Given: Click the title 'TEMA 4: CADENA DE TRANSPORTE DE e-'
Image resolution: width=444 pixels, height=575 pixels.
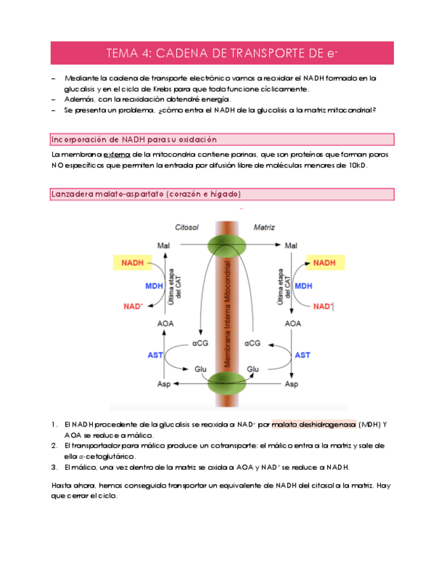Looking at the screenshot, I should coord(222,54).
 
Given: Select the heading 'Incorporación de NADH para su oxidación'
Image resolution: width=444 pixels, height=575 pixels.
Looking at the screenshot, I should coord(134,140).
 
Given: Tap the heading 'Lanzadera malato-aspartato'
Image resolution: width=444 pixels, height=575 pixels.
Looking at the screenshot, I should coord(146,195).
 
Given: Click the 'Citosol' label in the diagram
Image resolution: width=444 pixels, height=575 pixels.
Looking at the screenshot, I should coord(186,228).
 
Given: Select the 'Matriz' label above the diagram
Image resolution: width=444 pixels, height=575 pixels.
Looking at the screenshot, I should coord(264,228).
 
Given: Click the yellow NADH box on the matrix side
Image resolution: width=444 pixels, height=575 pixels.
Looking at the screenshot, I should coord(324,262).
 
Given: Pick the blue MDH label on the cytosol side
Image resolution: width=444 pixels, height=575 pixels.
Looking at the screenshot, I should coord(155,286).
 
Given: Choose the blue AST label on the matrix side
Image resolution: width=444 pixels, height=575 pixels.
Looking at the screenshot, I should coord(302,355).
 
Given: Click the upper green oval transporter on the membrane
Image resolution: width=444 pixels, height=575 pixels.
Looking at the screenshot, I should coord(230,245).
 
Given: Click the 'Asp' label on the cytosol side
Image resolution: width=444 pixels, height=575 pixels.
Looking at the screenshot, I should coord(164,384).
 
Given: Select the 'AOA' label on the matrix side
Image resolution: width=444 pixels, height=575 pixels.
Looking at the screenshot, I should coord(293,324).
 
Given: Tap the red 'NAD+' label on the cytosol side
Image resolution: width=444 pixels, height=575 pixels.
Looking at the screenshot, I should coord(134,306).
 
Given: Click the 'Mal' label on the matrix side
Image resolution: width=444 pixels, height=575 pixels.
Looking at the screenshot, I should coord(291,245).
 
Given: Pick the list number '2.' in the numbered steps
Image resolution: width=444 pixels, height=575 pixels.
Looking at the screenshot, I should coord(55,445).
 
